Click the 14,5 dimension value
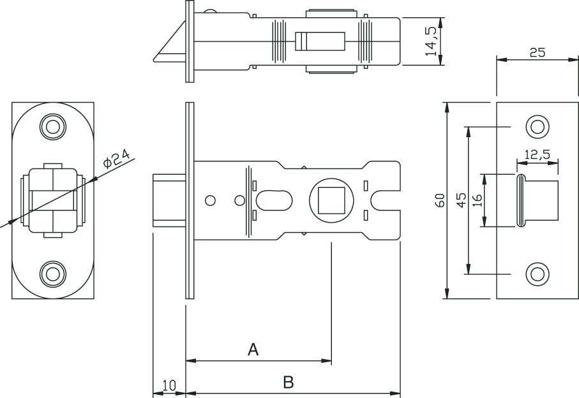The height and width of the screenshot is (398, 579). [x=431, y=41]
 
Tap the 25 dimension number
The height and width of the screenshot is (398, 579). [x=538, y=53]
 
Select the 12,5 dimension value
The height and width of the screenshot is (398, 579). [x=538, y=154]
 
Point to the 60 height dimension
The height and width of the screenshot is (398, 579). [x=440, y=200]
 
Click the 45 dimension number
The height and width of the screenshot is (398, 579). [x=462, y=200]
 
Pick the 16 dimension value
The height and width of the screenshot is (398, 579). [x=477, y=200]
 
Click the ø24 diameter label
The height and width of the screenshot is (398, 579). [x=116, y=159]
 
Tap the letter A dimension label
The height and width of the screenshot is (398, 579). [x=253, y=349]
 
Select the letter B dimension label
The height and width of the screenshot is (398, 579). [x=289, y=382]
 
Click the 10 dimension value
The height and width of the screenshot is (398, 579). [x=169, y=385]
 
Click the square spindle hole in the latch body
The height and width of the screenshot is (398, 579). [x=331, y=200]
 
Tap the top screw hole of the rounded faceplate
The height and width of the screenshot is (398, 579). [x=53, y=127]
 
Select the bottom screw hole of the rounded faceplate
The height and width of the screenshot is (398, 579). [x=53, y=274]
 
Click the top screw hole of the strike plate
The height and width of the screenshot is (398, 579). [x=538, y=127]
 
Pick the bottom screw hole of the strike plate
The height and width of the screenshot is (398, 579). [x=538, y=274]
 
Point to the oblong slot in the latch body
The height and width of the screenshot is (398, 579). [x=274, y=200]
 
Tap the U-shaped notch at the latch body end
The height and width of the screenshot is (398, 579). [x=385, y=200]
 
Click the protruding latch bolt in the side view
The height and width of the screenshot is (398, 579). [x=169, y=200]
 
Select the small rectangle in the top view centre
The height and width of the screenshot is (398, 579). [x=320, y=41]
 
